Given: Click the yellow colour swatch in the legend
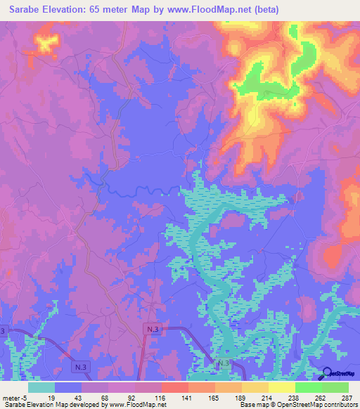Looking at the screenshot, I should coord(281,387).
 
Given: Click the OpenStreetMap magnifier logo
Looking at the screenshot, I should coord(326,374).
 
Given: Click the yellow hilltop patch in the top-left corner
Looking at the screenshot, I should coord(46,44).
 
